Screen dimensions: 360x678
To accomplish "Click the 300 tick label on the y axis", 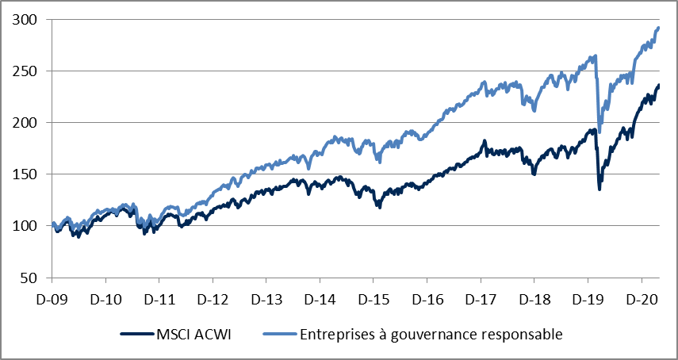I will (26, 20).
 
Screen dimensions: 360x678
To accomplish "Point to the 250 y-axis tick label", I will (26, 71).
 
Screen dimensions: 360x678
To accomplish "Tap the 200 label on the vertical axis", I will (26, 123).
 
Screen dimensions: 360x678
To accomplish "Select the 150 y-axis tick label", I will (26, 174).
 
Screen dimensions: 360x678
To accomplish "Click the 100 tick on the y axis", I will (26, 226).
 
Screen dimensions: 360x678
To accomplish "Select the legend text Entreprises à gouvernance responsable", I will (431, 335).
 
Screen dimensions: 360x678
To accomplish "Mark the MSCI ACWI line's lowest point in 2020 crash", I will (599, 189).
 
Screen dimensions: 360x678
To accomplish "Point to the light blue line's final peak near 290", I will (658, 28).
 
